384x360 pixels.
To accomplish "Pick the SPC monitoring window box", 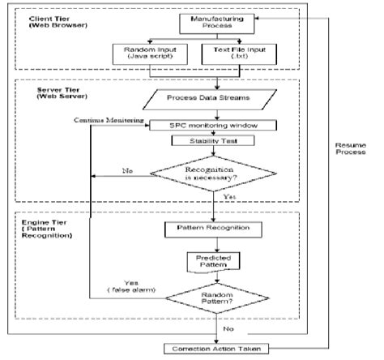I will [213, 126].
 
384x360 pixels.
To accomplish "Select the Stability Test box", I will [213, 142].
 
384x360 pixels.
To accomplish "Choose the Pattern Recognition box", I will [213, 228].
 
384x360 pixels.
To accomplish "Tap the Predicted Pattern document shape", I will [213, 261].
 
